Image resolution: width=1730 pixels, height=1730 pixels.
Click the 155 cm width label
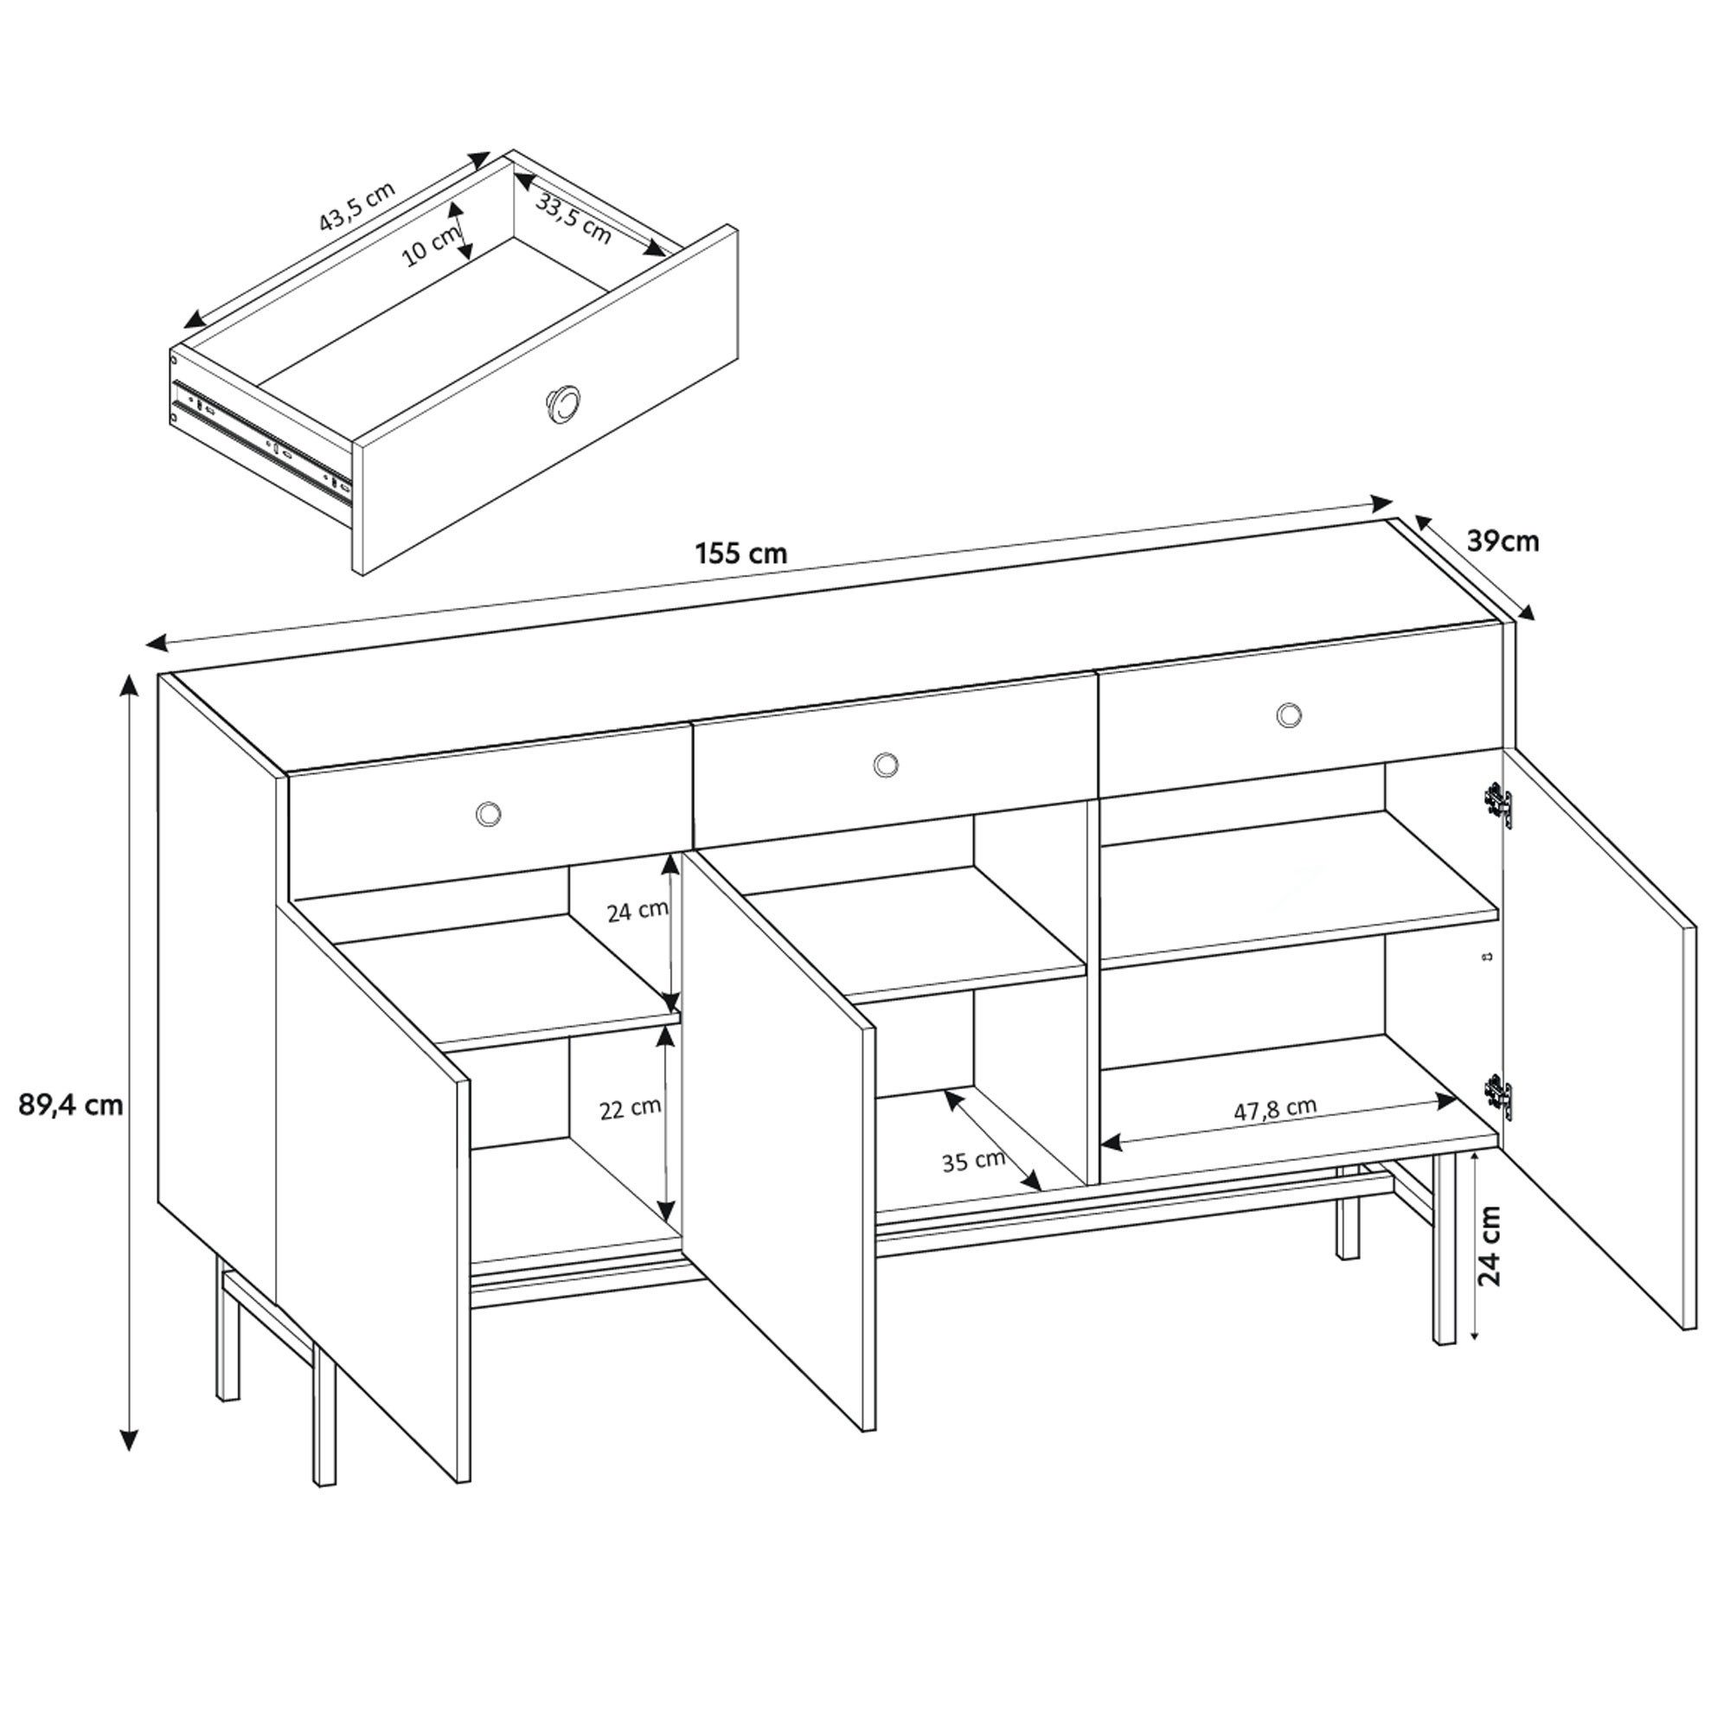tap(741, 554)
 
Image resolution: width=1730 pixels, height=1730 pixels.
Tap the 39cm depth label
tap(1503, 541)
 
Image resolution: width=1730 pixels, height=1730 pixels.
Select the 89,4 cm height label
tap(71, 1105)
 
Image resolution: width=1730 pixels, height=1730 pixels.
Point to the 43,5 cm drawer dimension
tap(356, 207)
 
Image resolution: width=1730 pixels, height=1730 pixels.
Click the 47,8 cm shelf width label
tap(1275, 1110)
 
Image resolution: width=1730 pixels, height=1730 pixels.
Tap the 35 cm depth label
tap(973, 1162)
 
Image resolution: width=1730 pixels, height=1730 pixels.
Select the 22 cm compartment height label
tap(631, 1108)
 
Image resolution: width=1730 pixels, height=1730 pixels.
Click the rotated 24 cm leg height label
tap(1490, 1246)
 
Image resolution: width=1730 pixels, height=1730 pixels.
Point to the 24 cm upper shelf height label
tap(638, 912)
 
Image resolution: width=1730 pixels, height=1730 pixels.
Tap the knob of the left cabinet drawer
tap(488, 813)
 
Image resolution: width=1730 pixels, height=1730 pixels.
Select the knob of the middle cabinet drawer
tap(887, 764)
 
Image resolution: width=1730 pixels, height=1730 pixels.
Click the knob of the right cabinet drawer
tap(1289, 714)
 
